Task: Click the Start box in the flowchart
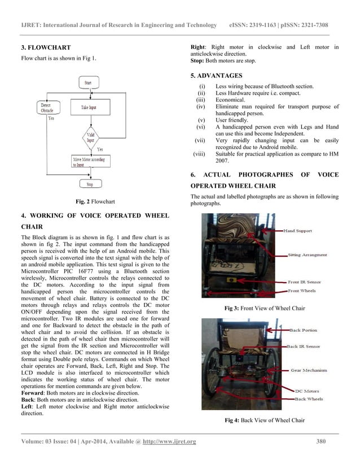pyautogui.click(x=89, y=83)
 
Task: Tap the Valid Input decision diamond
pyautogui.click(x=90, y=137)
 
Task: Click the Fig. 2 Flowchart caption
pyautogui.click(x=91, y=201)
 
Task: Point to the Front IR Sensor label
pyautogui.click(x=305, y=282)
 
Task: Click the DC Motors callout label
pyautogui.click(x=307, y=390)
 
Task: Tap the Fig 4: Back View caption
pyautogui.click(x=265, y=420)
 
